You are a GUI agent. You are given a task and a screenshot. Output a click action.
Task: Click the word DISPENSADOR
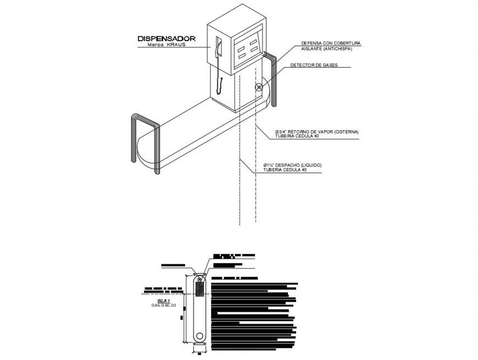(x=166, y=38)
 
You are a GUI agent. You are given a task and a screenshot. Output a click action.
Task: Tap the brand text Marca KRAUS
(x=166, y=45)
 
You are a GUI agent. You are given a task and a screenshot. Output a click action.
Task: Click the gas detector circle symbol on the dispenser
(x=259, y=87)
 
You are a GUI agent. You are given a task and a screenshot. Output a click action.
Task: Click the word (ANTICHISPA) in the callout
(x=337, y=48)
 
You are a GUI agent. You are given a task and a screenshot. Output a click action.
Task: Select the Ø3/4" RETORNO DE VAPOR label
(x=317, y=132)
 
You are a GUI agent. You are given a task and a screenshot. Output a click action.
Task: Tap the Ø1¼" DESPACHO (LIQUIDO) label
(x=292, y=165)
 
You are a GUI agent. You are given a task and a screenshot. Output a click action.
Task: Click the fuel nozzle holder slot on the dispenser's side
(x=219, y=47)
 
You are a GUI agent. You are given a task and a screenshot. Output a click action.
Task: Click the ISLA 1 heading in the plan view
(x=164, y=301)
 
